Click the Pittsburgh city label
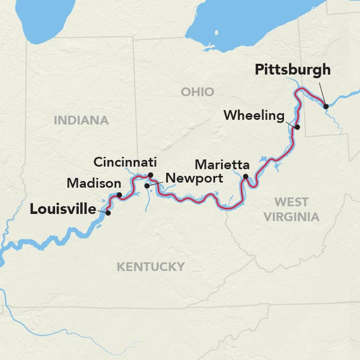click(x=292, y=70)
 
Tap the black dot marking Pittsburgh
click(x=326, y=106)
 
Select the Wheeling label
click(x=254, y=116)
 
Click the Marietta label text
click(x=222, y=166)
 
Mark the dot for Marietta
click(x=246, y=177)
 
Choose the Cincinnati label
click(x=124, y=163)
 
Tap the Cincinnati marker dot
click(x=151, y=175)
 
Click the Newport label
click(x=194, y=179)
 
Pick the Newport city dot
click(x=147, y=186)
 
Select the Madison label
click(x=94, y=183)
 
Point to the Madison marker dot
click(x=119, y=195)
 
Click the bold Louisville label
click(x=63, y=209)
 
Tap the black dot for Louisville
click(x=108, y=212)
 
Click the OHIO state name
click(x=197, y=92)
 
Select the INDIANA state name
click(x=81, y=120)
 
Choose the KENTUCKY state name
click(x=150, y=266)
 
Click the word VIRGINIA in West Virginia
click(x=292, y=217)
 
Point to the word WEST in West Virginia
click(x=291, y=202)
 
